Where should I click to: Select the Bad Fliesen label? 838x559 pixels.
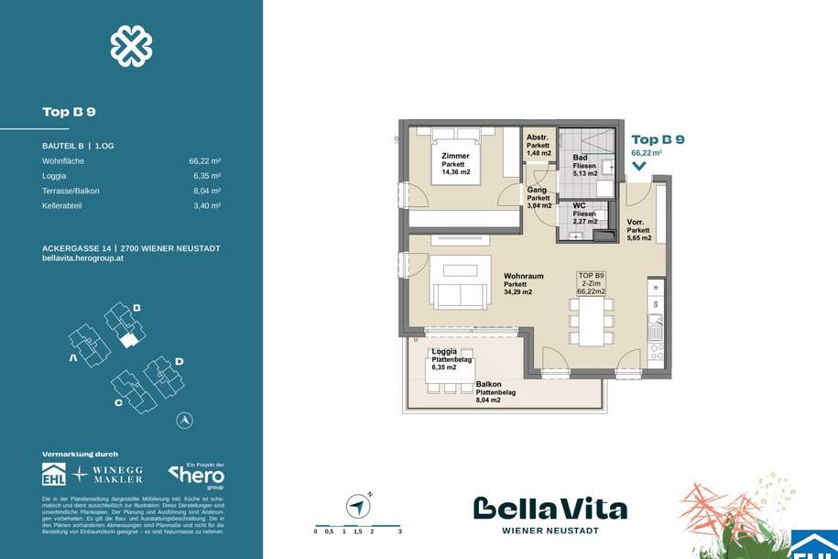pos(580,164)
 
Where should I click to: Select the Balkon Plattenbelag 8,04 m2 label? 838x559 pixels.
pos(495,393)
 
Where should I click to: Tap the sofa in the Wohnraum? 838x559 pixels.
pos(460,294)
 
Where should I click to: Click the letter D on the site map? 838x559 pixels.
pos(180,362)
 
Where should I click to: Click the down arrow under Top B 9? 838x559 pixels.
pos(638,167)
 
